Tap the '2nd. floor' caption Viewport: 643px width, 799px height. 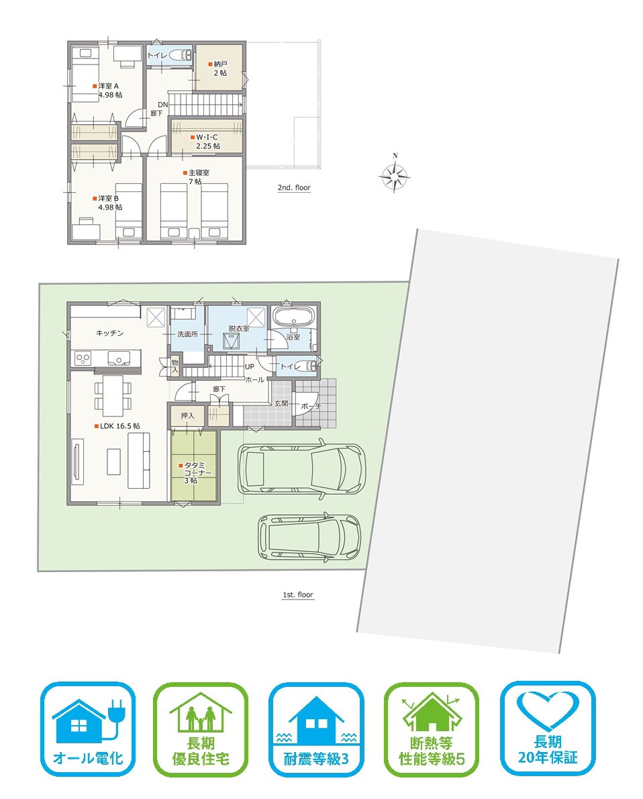click(294, 187)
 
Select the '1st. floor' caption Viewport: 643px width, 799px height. click(298, 595)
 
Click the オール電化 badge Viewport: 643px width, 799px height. click(88, 729)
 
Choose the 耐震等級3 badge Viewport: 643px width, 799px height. click(316, 729)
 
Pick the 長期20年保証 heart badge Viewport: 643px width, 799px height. click(548, 729)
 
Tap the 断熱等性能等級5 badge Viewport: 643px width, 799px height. click(432, 729)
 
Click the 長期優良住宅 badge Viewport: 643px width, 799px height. click(201, 729)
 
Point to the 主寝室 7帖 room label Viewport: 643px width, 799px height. click(196, 177)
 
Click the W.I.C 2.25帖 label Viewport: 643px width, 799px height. click(205, 142)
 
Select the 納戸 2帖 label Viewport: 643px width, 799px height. click(218, 68)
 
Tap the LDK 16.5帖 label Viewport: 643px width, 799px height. click(117, 426)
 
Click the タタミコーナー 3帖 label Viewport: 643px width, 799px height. click(195, 473)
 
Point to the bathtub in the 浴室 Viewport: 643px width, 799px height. click(293, 316)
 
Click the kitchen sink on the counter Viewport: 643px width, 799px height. click(119, 359)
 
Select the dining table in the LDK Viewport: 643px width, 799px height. click(113, 396)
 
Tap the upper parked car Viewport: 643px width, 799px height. click(301, 469)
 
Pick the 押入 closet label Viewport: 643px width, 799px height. click(187, 416)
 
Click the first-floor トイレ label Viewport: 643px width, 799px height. click(290, 367)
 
